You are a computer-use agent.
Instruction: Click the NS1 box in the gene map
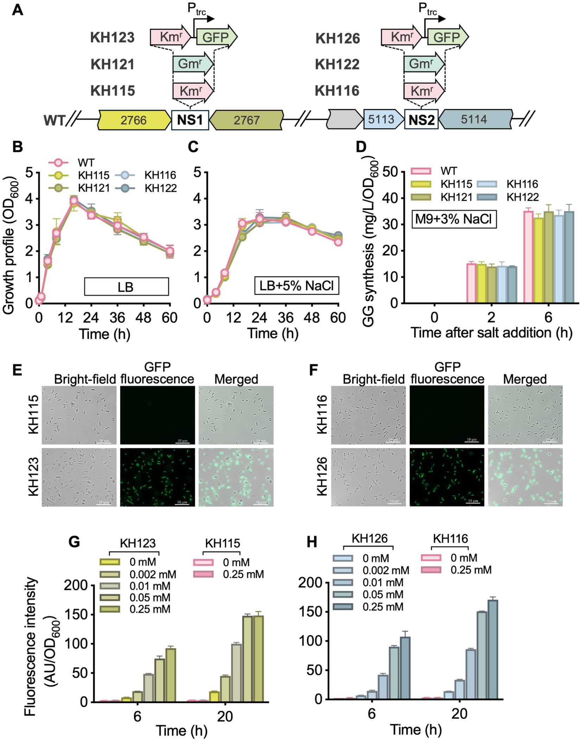pyautogui.click(x=190, y=120)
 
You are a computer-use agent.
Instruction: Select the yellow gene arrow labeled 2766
pyautogui.click(x=133, y=120)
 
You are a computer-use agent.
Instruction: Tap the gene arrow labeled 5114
pyautogui.click(x=474, y=119)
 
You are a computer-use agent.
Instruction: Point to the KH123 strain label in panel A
pyautogui.click(x=113, y=38)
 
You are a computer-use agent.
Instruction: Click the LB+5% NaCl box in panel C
pyautogui.click(x=296, y=286)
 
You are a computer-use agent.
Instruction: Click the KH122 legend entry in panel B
pyautogui.click(x=160, y=188)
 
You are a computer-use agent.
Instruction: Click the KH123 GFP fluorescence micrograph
pyautogui.click(x=157, y=477)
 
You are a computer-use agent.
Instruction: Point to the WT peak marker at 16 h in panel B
pyautogui.click(x=74, y=201)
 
